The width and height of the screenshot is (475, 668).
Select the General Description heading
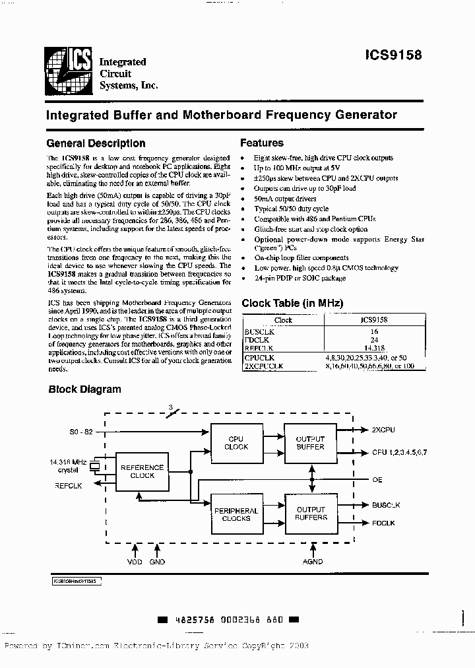click(96, 143)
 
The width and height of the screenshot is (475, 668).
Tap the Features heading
click(261, 143)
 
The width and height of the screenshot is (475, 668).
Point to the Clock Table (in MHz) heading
click(292, 304)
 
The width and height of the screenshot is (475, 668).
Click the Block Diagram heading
click(84, 389)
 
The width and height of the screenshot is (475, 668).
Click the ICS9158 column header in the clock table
click(373, 319)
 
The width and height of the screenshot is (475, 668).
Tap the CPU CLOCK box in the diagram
click(236, 443)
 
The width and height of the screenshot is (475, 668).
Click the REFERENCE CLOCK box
click(142, 471)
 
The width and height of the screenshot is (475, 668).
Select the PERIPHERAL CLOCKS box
click(236, 514)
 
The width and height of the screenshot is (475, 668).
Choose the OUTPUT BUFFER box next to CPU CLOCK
click(310, 443)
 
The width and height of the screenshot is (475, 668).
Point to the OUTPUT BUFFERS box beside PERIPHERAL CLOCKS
click(310, 514)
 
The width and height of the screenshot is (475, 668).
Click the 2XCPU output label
click(383, 430)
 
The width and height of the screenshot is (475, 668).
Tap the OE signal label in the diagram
click(377, 480)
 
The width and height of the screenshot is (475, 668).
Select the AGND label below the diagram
click(313, 561)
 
